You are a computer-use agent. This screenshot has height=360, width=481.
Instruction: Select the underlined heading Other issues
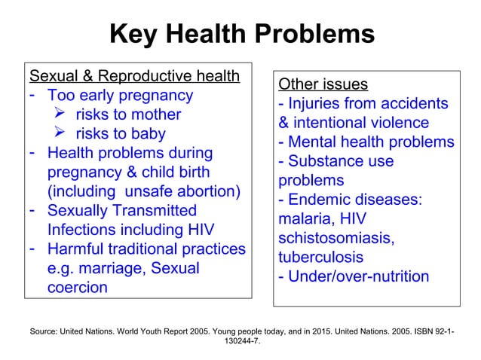(x=323, y=84)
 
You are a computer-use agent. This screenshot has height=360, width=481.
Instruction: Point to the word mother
(x=154, y=115)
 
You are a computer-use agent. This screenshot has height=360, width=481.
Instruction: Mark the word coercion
(x=78, y=288)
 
